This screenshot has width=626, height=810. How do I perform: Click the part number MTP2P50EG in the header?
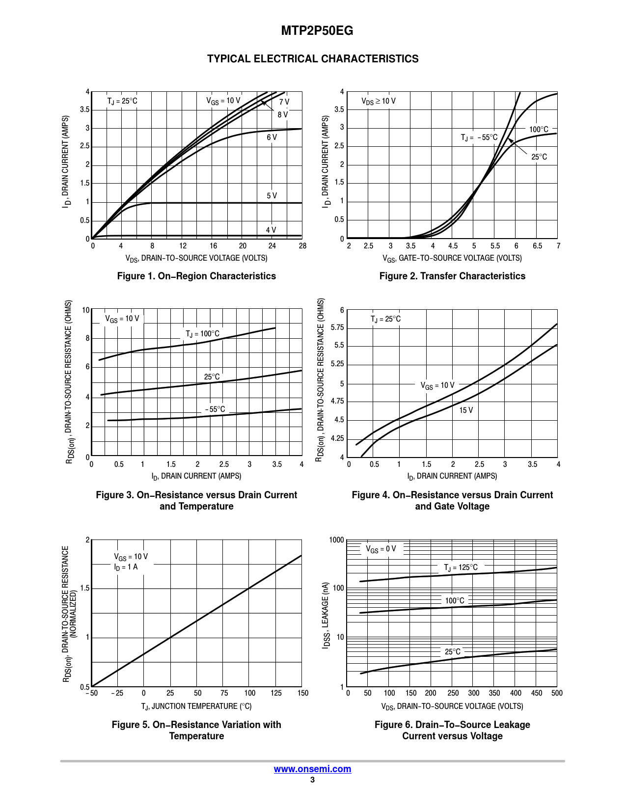point(317,31)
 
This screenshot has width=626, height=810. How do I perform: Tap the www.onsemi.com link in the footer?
point(312,769)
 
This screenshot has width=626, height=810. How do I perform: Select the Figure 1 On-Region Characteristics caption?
point(196,276)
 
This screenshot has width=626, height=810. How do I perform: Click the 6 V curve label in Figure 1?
point(272,137)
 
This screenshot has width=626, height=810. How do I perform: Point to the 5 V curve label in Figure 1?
point(272,195)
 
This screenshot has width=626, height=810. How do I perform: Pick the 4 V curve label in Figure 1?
point(271,230)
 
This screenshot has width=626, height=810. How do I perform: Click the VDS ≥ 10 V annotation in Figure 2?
point(378,101)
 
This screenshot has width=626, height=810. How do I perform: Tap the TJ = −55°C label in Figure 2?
point(479,137)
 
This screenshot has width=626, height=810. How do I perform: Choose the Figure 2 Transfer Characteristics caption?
point(452,276)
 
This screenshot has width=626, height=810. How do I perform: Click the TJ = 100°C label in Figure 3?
point(202,334)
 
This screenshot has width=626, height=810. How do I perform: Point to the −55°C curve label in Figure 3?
point(215,409)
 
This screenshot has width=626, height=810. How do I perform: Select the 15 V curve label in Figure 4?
point(466,410)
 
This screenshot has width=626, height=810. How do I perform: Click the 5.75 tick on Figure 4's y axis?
point(337,327)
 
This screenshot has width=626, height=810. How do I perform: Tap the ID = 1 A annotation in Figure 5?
point(126,567)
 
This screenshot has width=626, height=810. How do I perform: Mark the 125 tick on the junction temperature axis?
point(276,693)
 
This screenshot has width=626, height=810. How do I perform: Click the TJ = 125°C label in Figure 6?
point(461,567)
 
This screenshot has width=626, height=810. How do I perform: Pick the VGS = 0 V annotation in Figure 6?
point(381,549)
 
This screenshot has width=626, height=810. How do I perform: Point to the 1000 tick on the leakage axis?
point(336,540)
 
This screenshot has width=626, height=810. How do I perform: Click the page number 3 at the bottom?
point(312,780)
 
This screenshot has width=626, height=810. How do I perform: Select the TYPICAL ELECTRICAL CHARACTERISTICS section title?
point(313,59)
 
